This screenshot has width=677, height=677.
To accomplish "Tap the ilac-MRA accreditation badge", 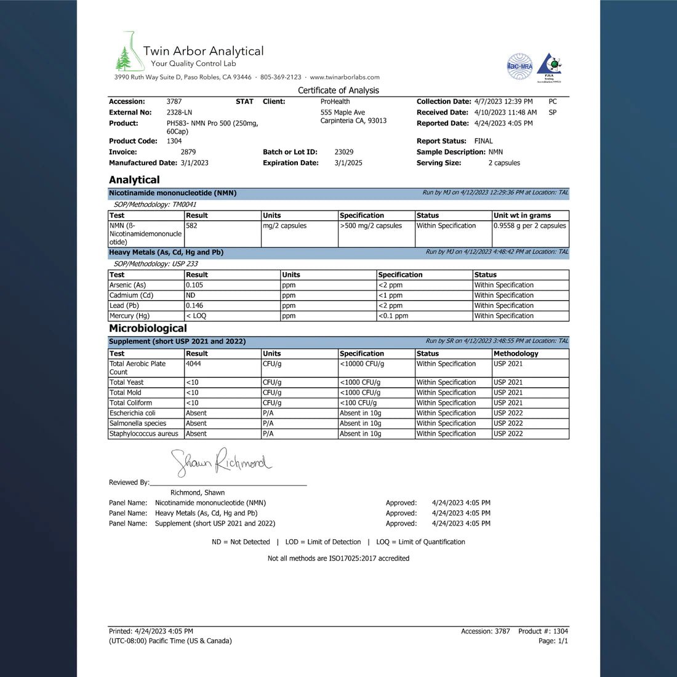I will [x=519, y=66].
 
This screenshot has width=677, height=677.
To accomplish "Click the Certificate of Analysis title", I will [x=338, y=90].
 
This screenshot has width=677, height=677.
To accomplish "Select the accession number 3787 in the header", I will [x=174, y=102].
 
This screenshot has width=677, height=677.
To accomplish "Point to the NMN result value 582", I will [x=191, y=226].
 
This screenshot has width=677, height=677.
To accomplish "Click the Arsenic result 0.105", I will [x=194, y=285].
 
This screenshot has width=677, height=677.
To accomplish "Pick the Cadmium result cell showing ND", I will [x=191, y=295].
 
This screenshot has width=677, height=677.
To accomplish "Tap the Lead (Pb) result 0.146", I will [x=194, y=305].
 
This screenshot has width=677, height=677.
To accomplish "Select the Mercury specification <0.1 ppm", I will [x=393, y=316].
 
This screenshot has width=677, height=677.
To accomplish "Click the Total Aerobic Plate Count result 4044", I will [x=193, y=364].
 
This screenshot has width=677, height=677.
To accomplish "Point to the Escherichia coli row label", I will [x=132, y=413].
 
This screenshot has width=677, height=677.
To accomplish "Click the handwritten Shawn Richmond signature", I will [x=220, y=462].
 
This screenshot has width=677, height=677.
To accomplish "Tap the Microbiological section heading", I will [x=148, y=328].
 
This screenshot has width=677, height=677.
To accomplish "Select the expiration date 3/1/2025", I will [x=348, y=163].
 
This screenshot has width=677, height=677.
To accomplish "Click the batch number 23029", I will [x=344, y=152].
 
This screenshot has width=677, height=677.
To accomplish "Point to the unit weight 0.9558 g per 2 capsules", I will [x=530, y=226].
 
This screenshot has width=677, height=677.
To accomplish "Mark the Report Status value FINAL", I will [x=483, y=141].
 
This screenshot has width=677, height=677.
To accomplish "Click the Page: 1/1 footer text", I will [x=553, y=641].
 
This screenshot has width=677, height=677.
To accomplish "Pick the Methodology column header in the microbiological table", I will [x=516, y=354].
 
